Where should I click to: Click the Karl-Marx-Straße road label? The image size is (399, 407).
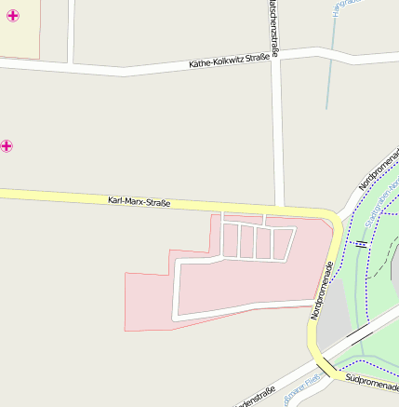[x=139, y=200]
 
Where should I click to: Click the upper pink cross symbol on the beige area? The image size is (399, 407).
[x=11, y=17]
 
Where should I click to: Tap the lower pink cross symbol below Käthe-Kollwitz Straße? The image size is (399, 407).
[x=7, y=145]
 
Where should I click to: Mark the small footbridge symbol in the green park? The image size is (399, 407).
[x=361, y=244]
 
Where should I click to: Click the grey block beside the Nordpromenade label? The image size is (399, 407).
[x=337, y=312]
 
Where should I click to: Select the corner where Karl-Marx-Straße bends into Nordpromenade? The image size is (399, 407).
[x=332, y=220]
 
